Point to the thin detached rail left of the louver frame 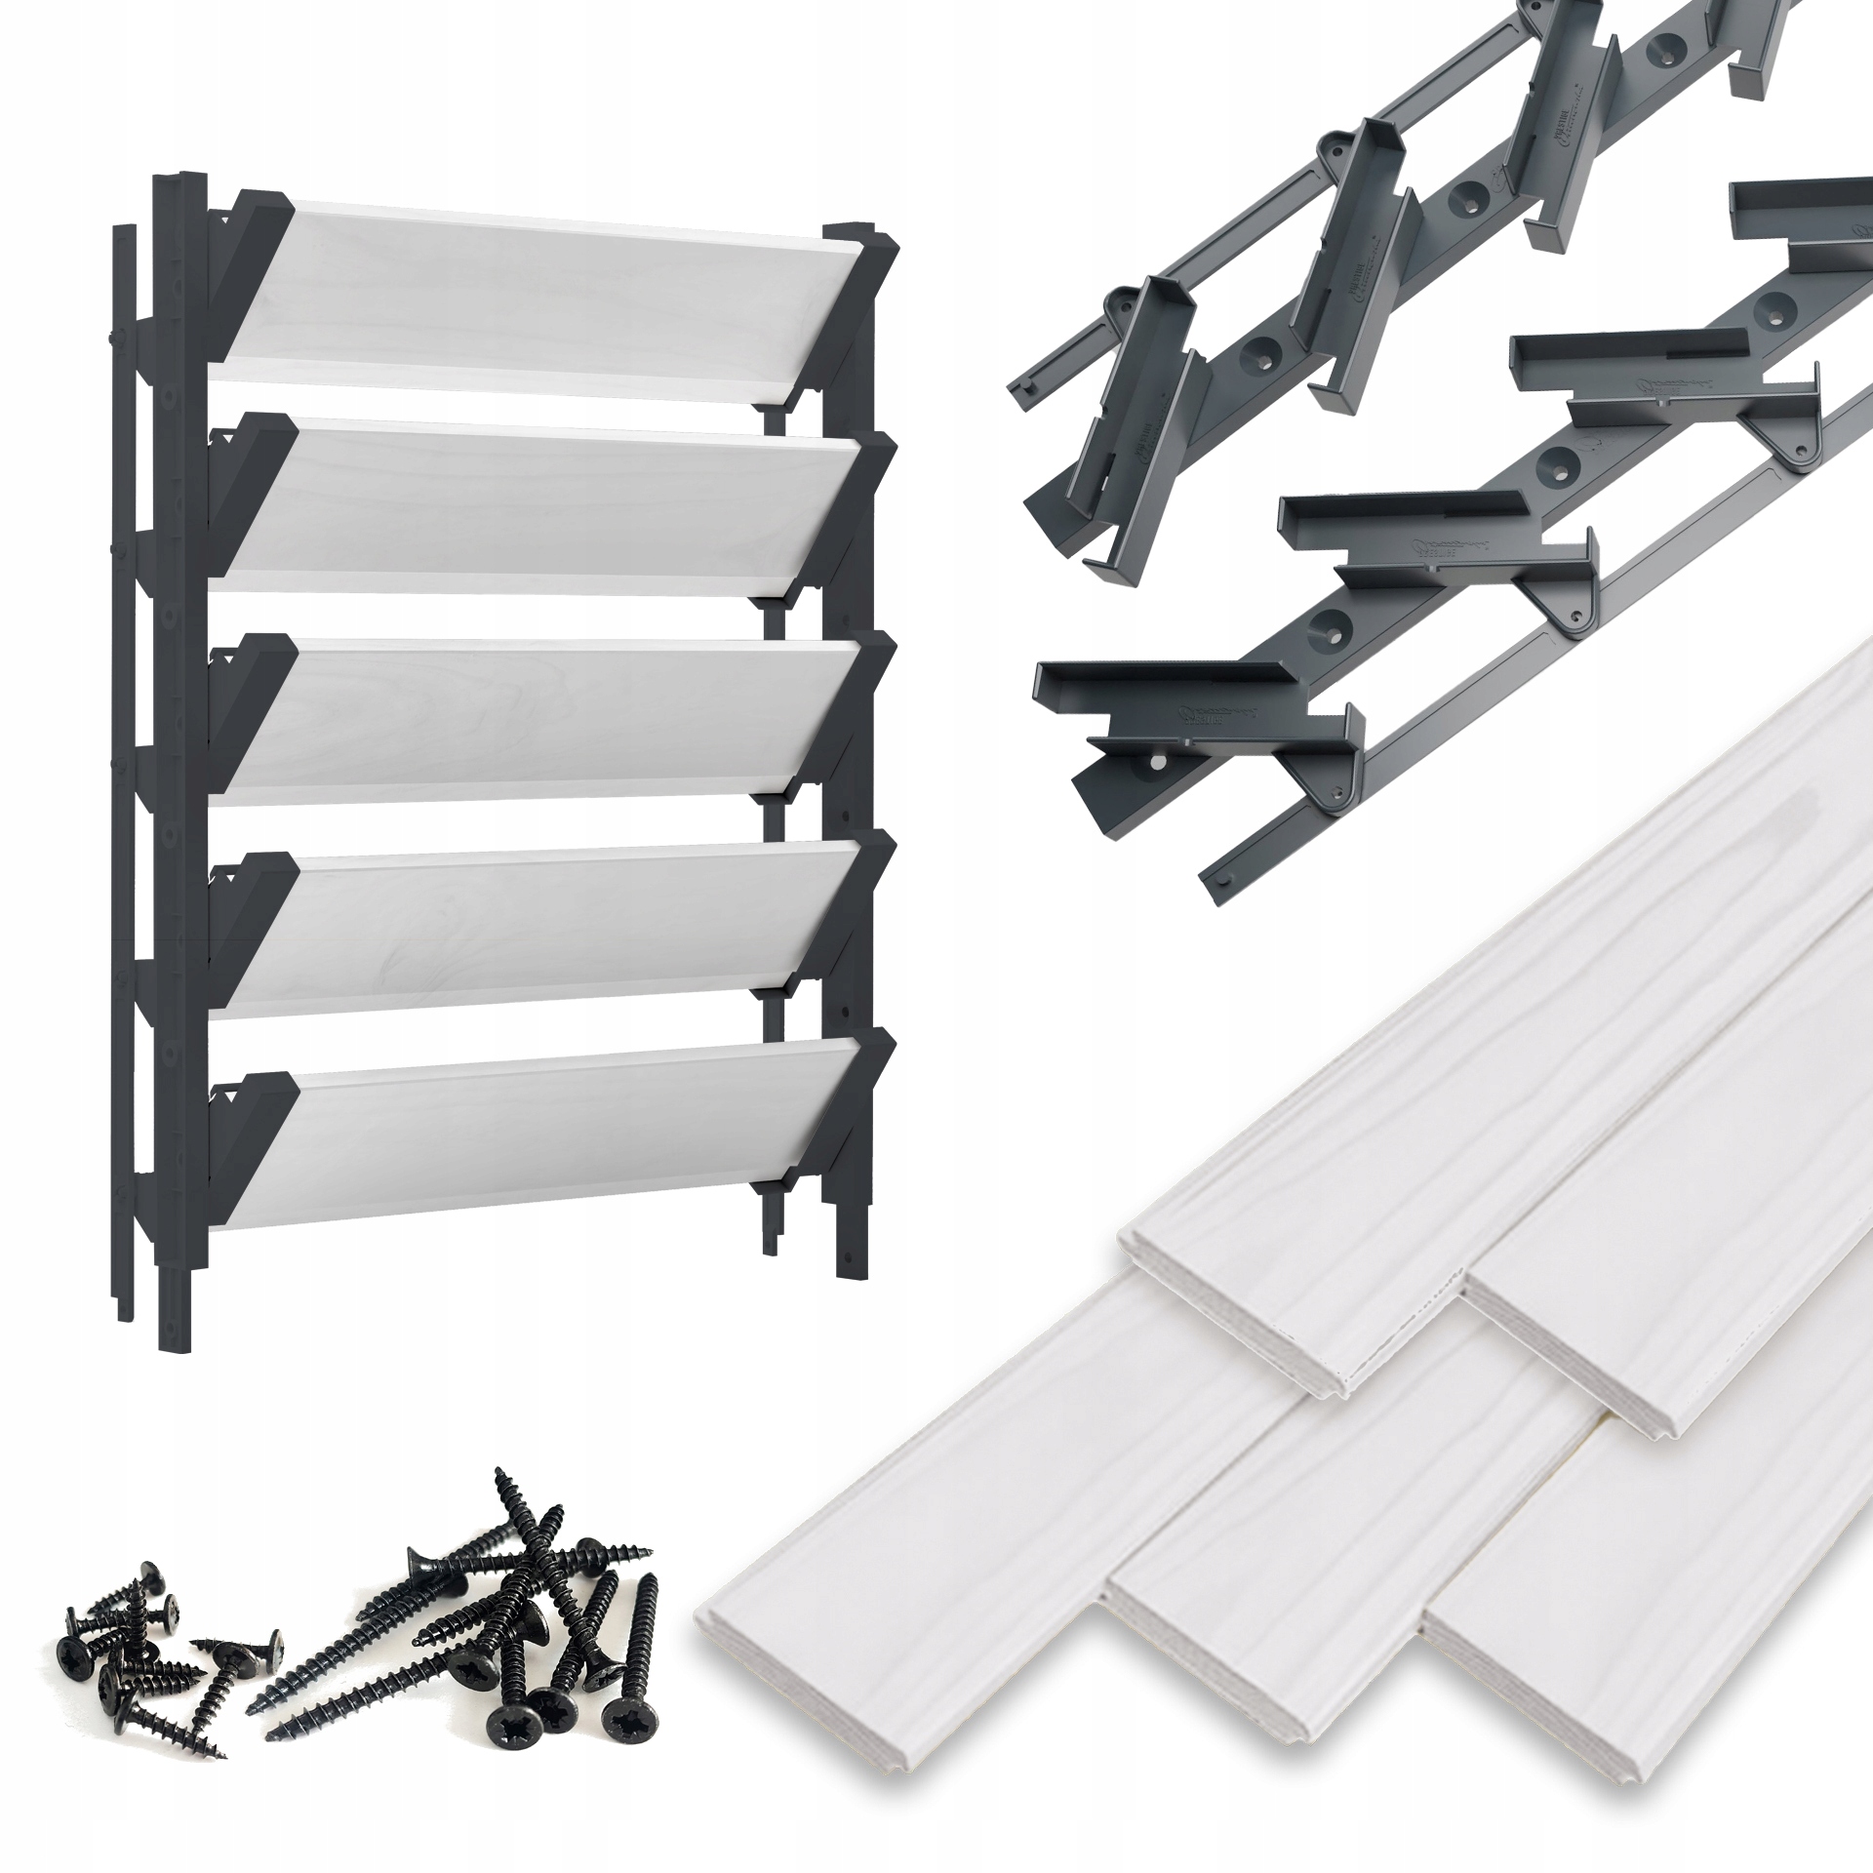click(x=124, y=683)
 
